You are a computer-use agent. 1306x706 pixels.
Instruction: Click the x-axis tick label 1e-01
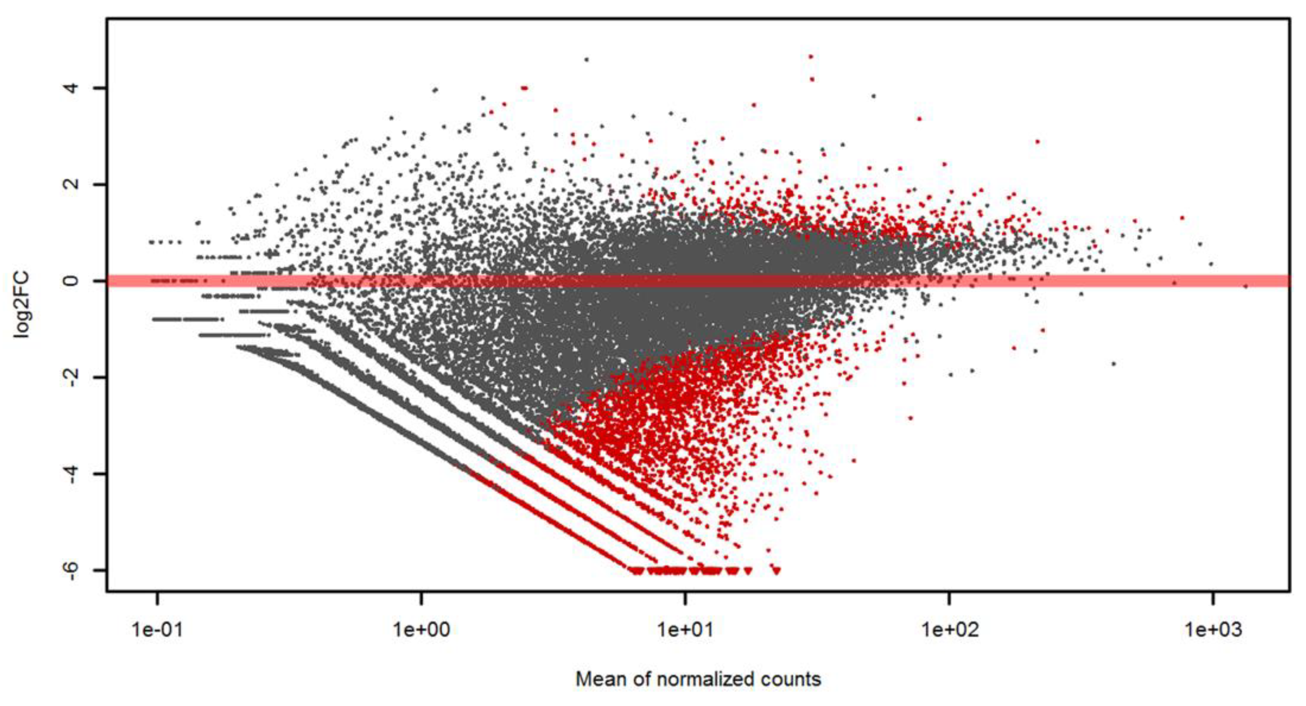157,630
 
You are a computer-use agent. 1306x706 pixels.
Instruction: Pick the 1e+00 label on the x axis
421,630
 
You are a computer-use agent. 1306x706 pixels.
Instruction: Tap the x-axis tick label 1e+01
685,630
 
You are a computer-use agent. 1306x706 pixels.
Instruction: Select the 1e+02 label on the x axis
949,630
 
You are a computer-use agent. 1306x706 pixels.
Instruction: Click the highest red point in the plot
811,57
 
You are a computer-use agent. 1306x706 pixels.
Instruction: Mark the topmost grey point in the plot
587,60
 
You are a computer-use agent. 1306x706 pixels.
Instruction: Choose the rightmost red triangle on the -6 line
777,570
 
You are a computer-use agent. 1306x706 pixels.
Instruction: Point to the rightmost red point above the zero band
1182,218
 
